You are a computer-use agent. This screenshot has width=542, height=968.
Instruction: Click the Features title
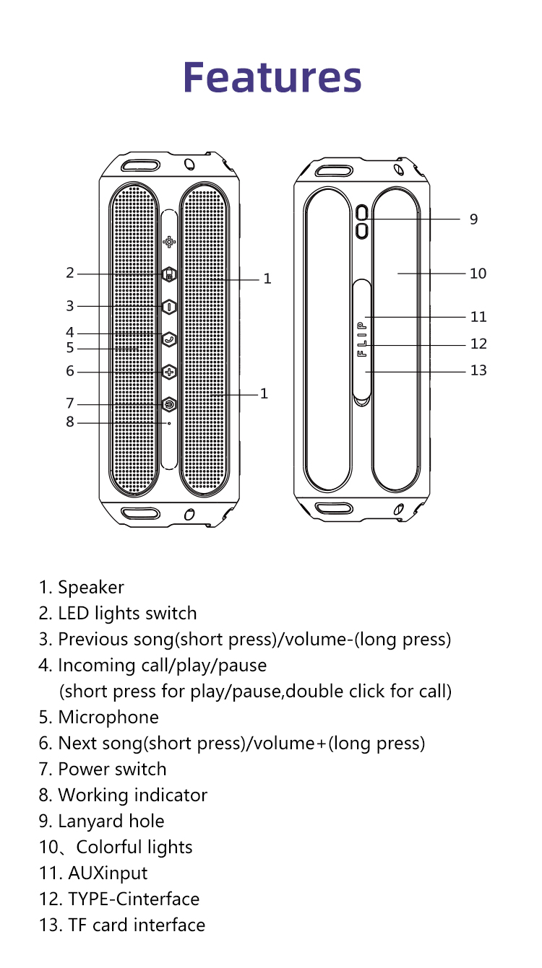click(272, 77)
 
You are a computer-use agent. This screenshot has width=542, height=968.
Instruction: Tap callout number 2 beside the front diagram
click(70, 273)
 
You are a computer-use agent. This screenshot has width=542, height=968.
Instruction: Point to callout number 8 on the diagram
click(70, 422)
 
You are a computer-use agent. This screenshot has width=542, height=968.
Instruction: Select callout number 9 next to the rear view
click(473, 219)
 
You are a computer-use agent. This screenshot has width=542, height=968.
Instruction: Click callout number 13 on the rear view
click(478, 370)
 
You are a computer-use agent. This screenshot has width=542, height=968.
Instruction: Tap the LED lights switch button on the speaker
click(169, 274)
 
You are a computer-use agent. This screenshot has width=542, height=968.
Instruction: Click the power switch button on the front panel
click(169, 404)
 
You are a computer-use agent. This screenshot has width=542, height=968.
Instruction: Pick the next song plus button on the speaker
click(169, 372)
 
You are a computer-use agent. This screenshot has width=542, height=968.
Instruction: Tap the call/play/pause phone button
click(169, 339)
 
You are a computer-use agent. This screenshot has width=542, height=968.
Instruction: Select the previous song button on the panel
click(169, 307)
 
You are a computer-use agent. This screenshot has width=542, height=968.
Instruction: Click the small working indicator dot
click(169, 423)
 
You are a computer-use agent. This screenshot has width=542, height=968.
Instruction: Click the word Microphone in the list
click(108, 718)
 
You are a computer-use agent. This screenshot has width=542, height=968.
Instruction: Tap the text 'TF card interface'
click(137, 925)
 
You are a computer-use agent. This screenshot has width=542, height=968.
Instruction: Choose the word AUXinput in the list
click(108, 873)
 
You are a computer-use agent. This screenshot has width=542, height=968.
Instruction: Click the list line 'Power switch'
click(112, 769)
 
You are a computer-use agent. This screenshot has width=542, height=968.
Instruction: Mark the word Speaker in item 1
click(91, 588)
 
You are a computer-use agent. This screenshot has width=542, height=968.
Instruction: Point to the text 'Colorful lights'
click(134, 847)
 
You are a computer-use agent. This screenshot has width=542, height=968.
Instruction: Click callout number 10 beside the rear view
click(478, 274)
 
